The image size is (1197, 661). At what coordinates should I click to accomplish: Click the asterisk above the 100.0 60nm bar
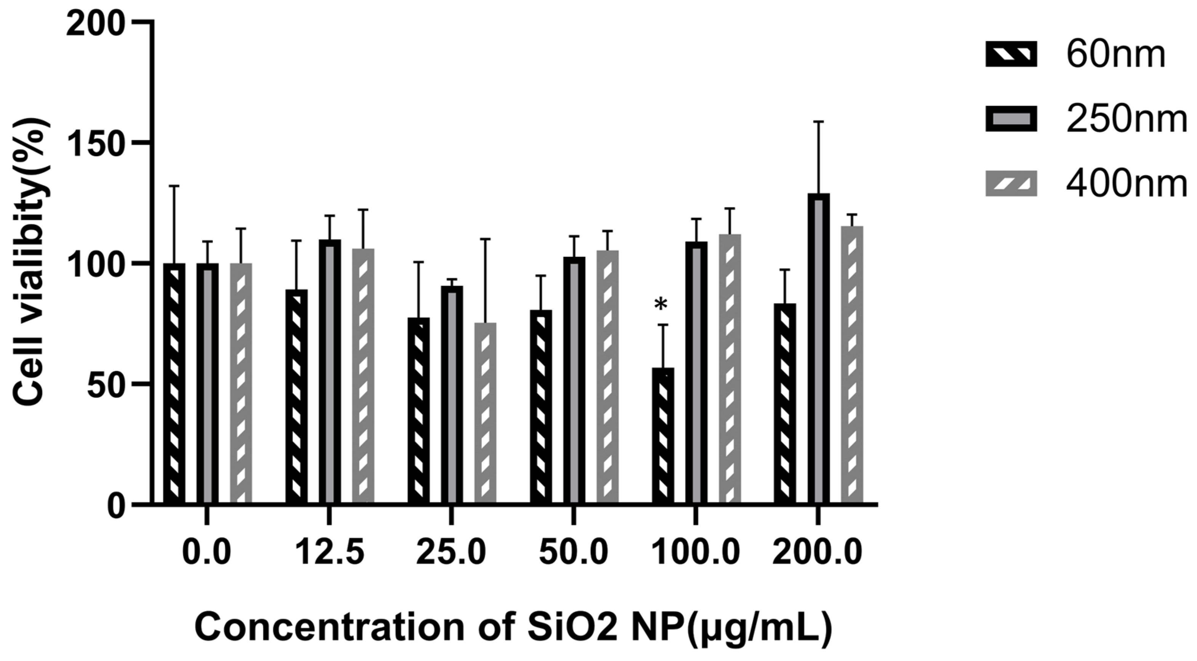660,305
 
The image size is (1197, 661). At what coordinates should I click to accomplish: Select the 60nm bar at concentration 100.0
663,437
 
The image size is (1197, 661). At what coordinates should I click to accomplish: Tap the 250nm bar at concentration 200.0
818,349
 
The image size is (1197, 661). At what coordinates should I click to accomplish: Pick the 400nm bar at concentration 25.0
485,414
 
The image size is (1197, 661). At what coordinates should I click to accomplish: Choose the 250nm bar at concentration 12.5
330,372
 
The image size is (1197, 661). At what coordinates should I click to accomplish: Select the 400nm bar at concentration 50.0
607,376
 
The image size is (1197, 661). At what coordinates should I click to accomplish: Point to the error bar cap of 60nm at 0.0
174,186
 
